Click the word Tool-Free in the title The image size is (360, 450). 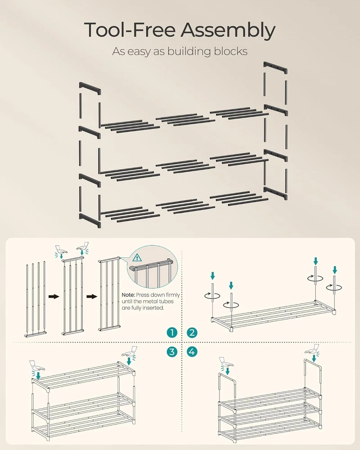point(130,30)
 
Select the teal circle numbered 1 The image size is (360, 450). point(172,333)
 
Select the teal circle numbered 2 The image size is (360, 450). point(192,333)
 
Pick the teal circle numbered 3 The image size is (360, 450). point(172,351)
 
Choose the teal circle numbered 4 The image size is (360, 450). point(192,351)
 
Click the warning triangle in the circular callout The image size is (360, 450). point(137,257)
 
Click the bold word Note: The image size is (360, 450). point(128,295)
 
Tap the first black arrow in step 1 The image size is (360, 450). point(54,297)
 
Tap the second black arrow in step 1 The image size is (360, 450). point(92,297)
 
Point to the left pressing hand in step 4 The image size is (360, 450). point(226,362)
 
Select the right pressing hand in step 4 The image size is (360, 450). point(312,349)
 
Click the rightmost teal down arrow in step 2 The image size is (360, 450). point(335,270)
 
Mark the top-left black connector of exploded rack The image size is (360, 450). point(90,88)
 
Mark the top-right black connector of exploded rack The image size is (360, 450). point(275,68)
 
